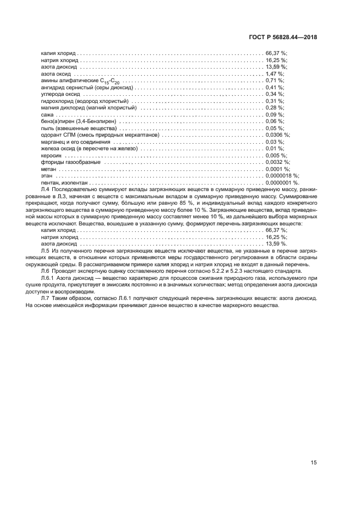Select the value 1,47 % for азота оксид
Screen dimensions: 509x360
[x=274, y=73]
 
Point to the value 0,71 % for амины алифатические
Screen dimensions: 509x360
[x=274, y=81]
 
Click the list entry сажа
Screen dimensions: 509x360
[x=47, y=114]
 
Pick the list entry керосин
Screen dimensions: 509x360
[x=51, y=155]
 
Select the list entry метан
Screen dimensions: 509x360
[x=49, y=169]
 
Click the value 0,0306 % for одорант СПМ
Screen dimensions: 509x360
[x=277, y=135]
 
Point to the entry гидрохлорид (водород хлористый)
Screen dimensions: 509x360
[x=84, y=101]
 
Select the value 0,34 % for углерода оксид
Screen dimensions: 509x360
[x=274, y=94]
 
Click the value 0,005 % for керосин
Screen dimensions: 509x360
[x=276, y=155]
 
